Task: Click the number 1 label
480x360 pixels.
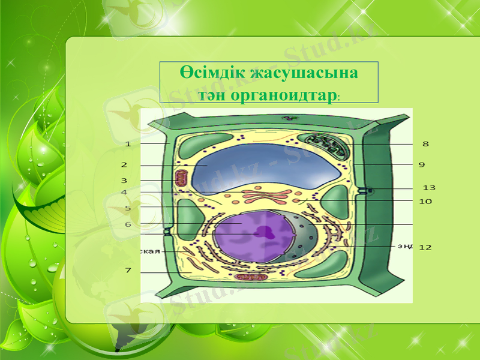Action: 128,144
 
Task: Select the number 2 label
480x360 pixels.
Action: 124,164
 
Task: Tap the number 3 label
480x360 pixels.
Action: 124,180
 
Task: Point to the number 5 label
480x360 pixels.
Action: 128,208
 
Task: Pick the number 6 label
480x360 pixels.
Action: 128,224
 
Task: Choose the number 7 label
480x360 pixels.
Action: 128,271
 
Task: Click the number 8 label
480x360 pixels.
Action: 425,144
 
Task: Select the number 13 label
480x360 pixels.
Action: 429,188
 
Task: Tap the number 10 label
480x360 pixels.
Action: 425,202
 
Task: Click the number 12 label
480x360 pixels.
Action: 425,247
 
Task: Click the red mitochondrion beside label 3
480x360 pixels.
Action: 181,179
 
